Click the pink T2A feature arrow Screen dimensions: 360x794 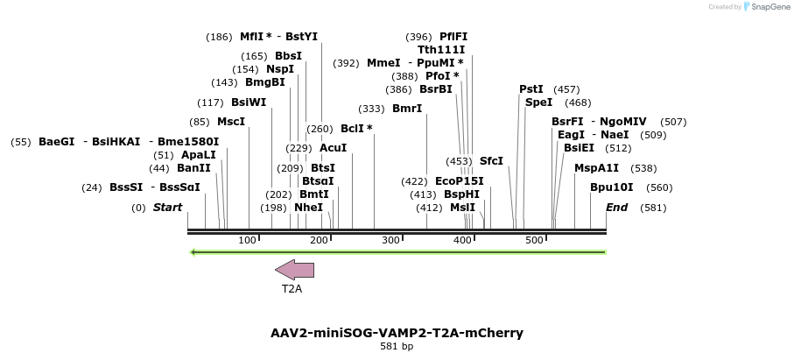click(294, 271)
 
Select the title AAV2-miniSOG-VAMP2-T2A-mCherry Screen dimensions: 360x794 click(397, 333)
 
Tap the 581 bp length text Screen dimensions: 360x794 click(397, 347)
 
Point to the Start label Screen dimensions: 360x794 click(167, 208)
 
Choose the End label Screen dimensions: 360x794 click(616, 208)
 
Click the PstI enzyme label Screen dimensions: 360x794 click(531, 89)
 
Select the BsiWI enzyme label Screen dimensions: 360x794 click(249, 102)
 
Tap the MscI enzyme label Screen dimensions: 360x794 click(230, 122)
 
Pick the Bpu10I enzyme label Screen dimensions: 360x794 click(611, 187)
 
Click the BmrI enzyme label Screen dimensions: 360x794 click(407, 109)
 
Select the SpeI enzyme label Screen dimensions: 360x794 click(538, 102)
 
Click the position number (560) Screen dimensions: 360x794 click(659, 187)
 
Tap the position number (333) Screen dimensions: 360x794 click(371, 109)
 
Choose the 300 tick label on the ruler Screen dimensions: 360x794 click(390, 240)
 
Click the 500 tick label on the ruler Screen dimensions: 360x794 click(534, 240)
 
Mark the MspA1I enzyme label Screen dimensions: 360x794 click(596, 168)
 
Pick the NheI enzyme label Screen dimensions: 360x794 click(308, 208)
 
